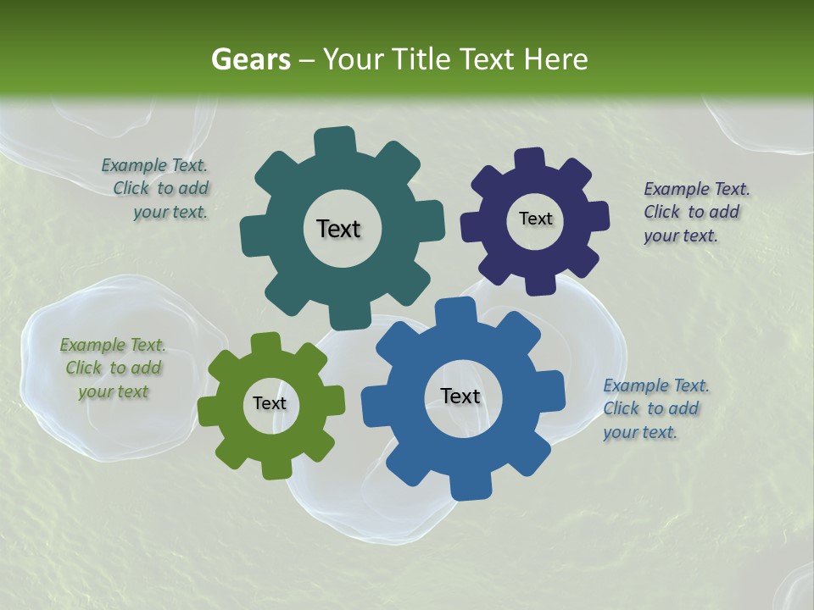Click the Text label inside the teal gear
[338, 229]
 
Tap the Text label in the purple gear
[535, 219]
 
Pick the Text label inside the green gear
[270, 403]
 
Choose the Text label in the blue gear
[460, 396]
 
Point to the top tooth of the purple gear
[529, 159]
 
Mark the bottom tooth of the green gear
[276, 468]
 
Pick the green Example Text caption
[113, 368]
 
